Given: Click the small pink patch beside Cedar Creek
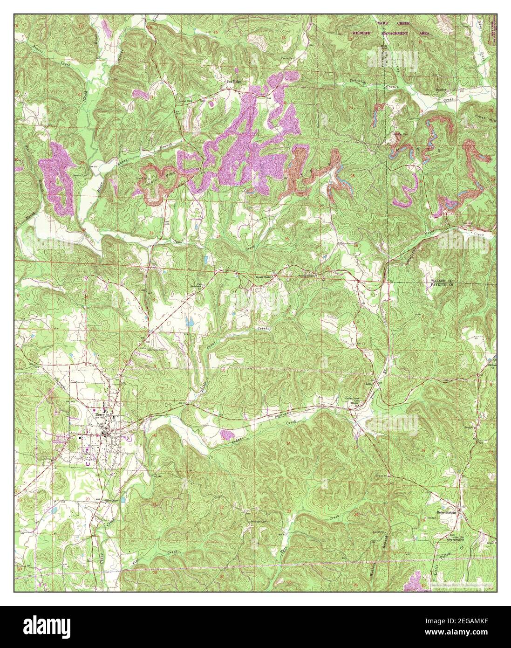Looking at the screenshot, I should click(x=226, y=435).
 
